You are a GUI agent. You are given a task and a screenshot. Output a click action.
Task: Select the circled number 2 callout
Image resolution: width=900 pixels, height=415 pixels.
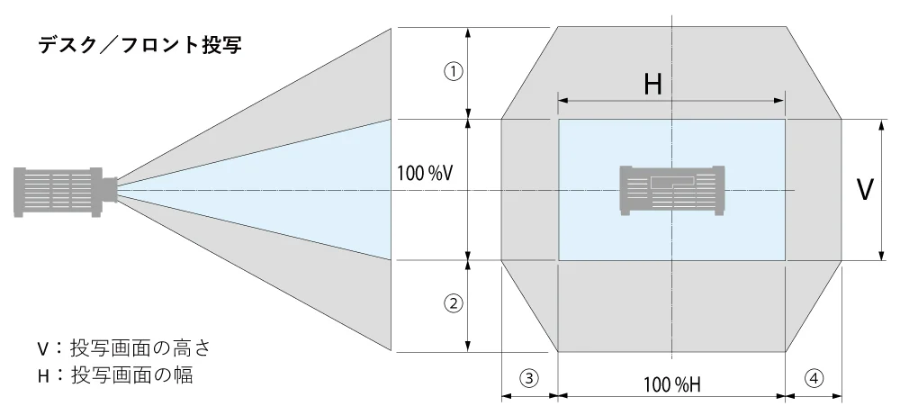(454, 302)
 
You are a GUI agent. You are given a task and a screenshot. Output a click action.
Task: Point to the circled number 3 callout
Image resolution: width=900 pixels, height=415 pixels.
(530, 378)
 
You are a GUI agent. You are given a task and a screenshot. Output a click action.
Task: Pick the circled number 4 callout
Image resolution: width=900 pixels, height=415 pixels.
(814, 378)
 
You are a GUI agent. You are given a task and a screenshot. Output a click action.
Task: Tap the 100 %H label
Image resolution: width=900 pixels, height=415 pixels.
(671, 385)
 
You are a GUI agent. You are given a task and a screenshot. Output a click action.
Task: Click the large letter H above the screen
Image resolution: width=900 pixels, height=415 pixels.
(652, 84)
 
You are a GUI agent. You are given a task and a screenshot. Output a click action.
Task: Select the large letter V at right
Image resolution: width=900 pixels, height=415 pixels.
(865, 189)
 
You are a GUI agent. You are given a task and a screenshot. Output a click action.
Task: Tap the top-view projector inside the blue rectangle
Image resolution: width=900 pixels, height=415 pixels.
(672, 190)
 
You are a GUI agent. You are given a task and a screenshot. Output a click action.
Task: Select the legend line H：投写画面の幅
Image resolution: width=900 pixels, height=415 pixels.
(114, 374)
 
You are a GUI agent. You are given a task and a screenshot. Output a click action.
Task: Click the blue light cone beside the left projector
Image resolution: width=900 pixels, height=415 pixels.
(297, 189)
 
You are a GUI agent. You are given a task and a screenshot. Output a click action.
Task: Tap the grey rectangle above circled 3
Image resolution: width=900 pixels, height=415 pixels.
(529, 189)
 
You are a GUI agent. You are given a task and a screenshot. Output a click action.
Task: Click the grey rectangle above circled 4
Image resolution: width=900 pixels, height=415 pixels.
(813, 189)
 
